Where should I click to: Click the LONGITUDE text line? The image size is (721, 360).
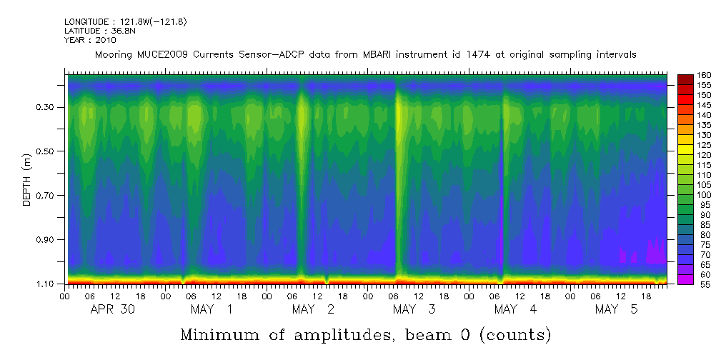(126, 22)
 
